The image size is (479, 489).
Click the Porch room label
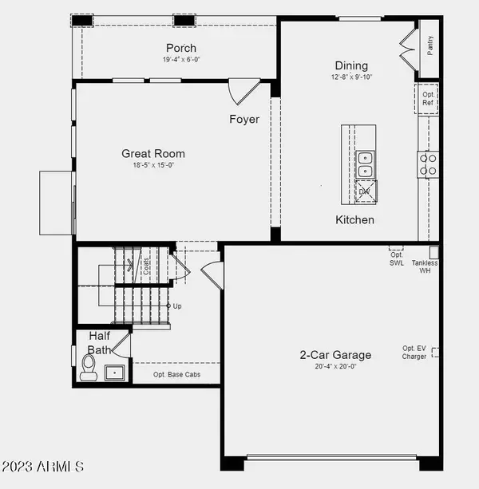pos(180,48)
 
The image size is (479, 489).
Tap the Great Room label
pos(153,154)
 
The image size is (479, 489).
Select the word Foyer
pos(244,120)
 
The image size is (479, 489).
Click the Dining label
pos(351,65)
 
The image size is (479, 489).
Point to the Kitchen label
pos(354,219)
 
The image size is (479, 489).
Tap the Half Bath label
pos(99,342)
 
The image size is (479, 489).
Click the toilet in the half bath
pos(89,369)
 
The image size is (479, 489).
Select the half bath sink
pos(115,371)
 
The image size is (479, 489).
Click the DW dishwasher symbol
pos(366,191)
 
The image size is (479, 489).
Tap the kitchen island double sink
pos(366,164)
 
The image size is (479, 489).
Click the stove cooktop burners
pos(429,164)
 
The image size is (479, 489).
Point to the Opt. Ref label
pos(429,98)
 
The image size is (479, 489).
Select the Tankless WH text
pos(425,266)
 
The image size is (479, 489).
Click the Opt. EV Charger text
pos(414,353)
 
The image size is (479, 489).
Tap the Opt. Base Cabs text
pos(176,374)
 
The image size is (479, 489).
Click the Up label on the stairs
pos(176,306)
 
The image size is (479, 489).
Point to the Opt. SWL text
pos(397,258)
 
